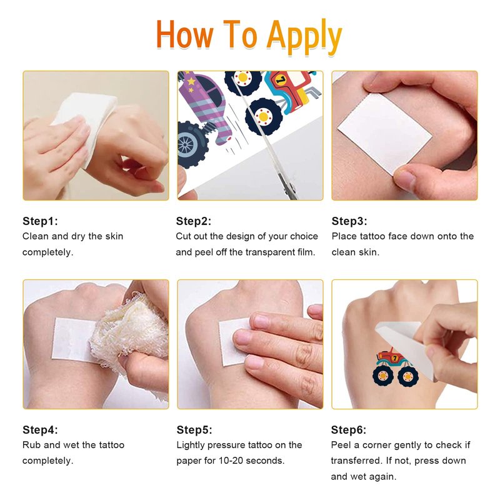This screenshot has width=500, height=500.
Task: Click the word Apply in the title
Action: coord(304,37)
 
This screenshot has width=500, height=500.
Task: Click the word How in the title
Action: coord(184,34)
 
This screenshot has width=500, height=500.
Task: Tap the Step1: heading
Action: coord(40,221)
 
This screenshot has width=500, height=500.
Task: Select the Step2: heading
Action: coord(194,221)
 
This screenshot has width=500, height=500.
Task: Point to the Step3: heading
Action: coord(349,221)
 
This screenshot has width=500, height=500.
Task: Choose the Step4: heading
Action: coord(40,430)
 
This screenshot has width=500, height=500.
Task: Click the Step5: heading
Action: coord(194,430)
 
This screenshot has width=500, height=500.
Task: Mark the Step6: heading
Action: coord(349,430)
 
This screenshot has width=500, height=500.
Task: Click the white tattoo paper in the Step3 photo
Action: coord(384,133)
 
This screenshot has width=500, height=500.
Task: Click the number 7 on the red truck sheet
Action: coord(281,80)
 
